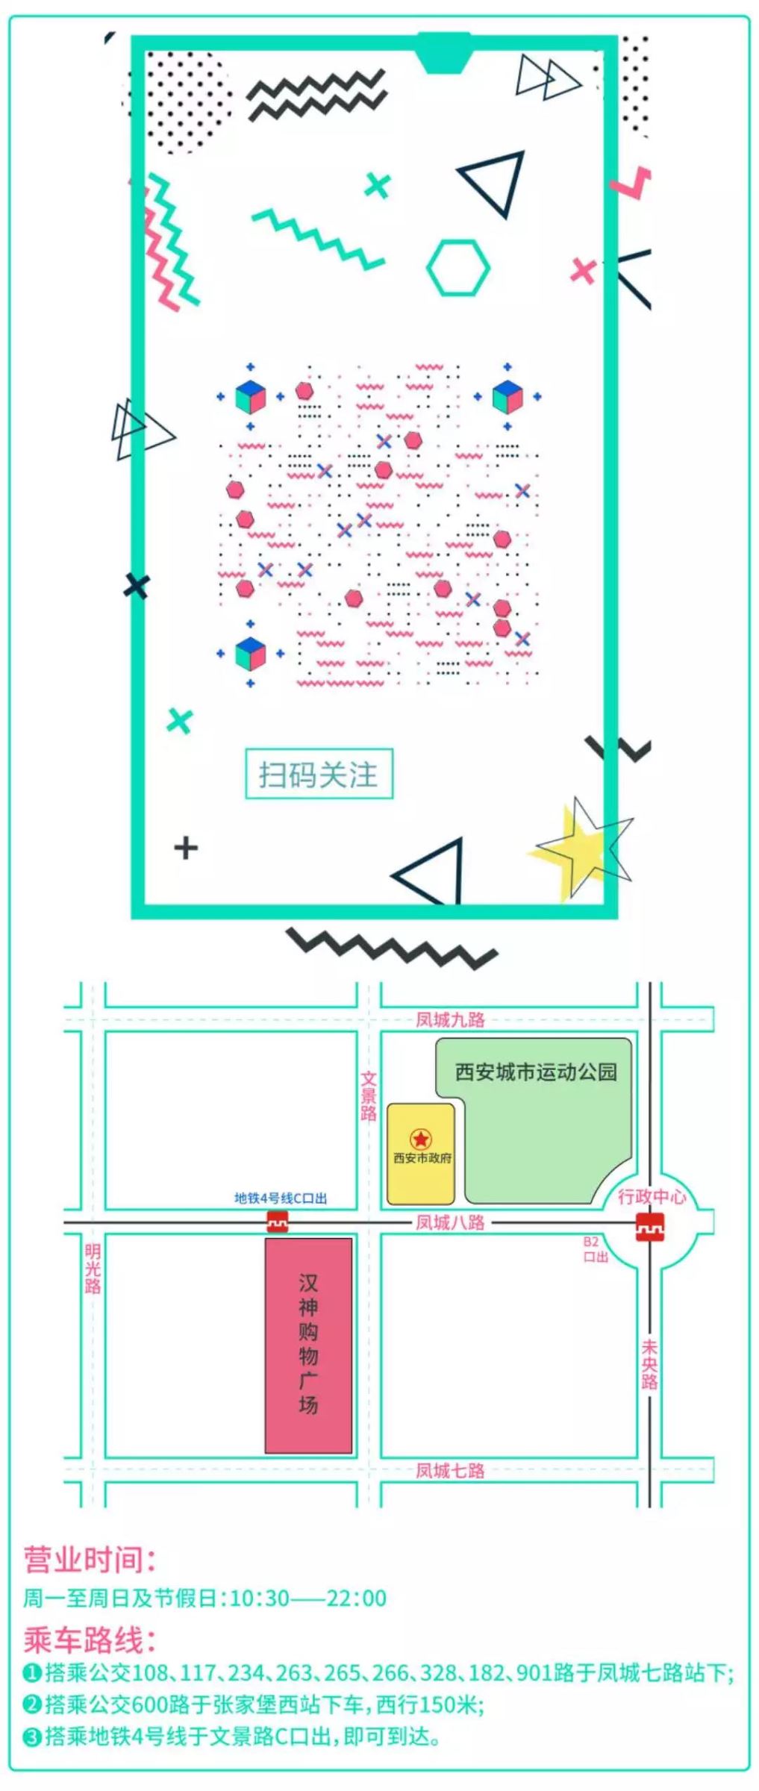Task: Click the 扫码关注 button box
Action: pyautogui.click(x=319, y=774)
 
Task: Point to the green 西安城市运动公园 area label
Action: pyautogui.click(x=536, y=1072)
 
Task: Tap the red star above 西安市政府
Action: pyautogui.click(x=421, y=1140)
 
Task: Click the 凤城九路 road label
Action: pyautogui.click(x=450, y=1019)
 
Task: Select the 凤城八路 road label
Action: pyautogui.click(x=450, y=1222)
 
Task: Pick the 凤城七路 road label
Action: pyautogui.click(x=450, y=1470)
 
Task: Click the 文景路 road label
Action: pyautogui.click(x=369, y=1096)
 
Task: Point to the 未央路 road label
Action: pyautogui.click(x=649, y=1364)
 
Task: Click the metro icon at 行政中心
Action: pyautogui.click(x=650, y=1228)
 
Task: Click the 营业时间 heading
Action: pyautogui.click(x=90, y=1559)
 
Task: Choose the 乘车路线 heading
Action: pyautogui.click(x=90, y=1640)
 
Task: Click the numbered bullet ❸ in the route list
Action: pyautogui.click(x=32, y=1738)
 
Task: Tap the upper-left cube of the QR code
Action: pyautogui.click(x=251, y=397)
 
